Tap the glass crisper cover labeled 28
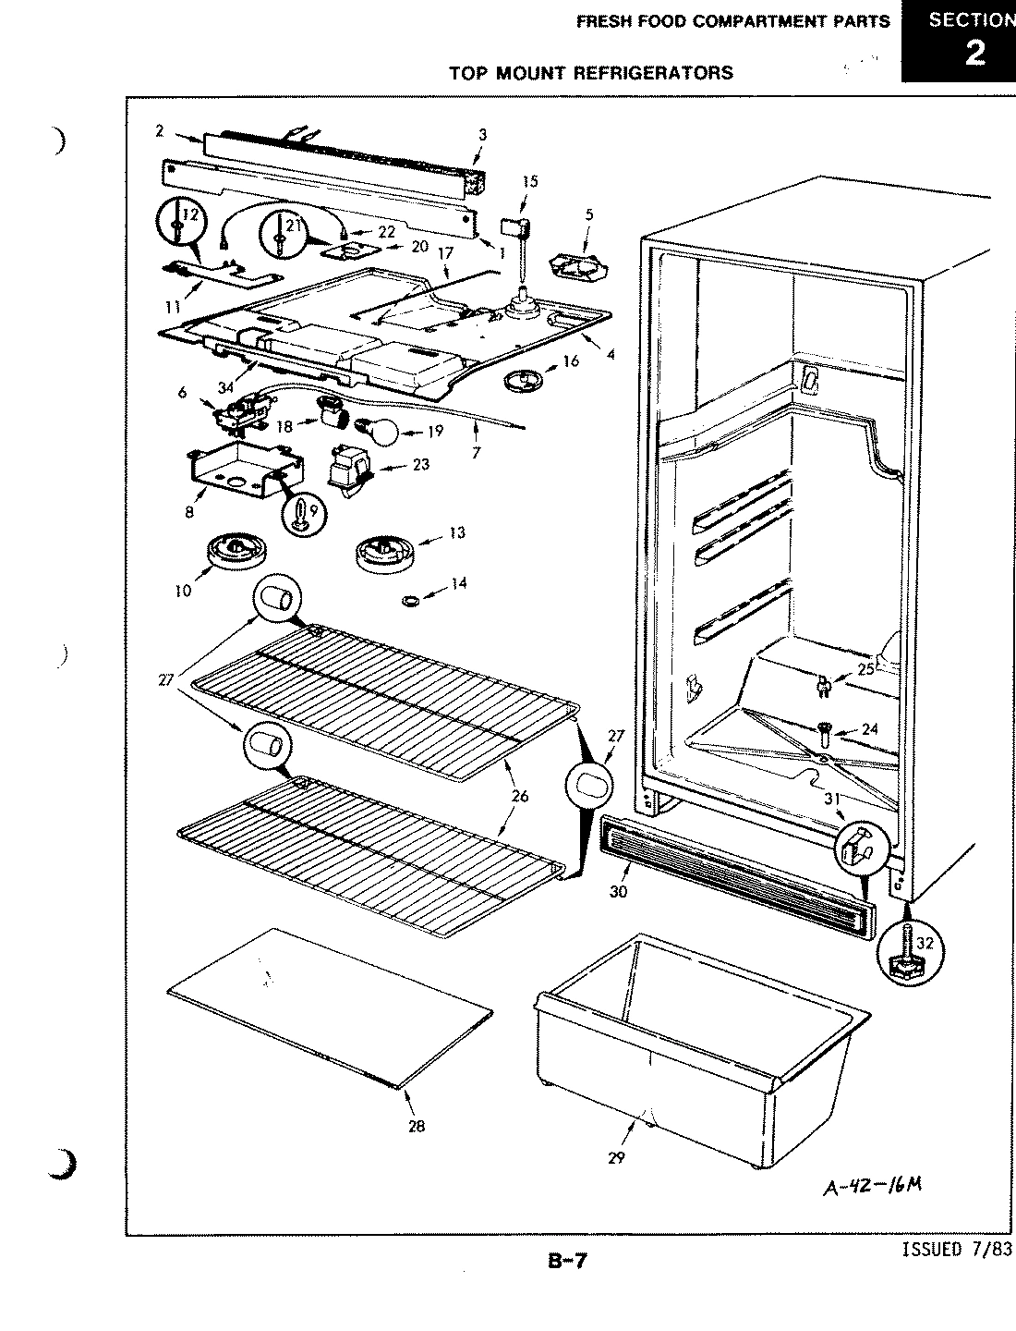328,1007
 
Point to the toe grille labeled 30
734,873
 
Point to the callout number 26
520,797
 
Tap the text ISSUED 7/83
955,1250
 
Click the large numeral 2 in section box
974,53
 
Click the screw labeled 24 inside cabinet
824,735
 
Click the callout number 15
529,181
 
